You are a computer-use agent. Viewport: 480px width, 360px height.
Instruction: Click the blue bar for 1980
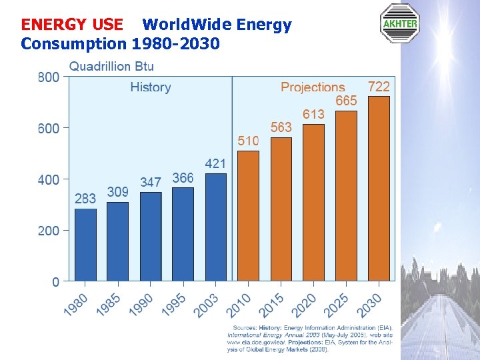pos(85,245)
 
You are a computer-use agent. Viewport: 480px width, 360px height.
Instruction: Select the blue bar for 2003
pos(216,227)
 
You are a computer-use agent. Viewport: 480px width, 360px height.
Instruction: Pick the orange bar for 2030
pos(379,188)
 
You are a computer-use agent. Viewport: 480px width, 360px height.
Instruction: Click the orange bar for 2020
pos(313,202)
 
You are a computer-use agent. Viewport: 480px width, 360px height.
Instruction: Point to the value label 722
pos(379,87)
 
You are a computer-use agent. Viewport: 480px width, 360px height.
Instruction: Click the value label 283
pos(85,199)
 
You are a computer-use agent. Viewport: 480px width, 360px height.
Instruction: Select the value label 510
pos(249,141)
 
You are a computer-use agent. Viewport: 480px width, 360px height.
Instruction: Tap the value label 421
pos(215,163)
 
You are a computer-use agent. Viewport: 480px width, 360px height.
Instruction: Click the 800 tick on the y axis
pos(49,77)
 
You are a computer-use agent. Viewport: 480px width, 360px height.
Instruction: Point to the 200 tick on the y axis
pos(49,231)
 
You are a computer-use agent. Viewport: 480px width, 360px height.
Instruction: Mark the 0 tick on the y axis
pos(55,282)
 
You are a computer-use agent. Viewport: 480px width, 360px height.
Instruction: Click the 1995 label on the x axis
pos(175,305)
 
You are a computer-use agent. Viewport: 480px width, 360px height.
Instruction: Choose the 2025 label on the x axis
pos(337,305)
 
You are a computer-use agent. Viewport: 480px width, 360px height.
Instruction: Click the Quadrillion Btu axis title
pos(111,66)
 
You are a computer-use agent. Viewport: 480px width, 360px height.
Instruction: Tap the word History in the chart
pos(151,87)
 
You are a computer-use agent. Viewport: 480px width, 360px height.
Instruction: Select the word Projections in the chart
pos(313,87)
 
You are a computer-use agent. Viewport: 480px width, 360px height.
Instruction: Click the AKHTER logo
pos(399,23)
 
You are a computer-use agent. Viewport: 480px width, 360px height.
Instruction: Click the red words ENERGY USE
pos(72,25)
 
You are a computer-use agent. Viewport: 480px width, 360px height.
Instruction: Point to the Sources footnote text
pos(310,338)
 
